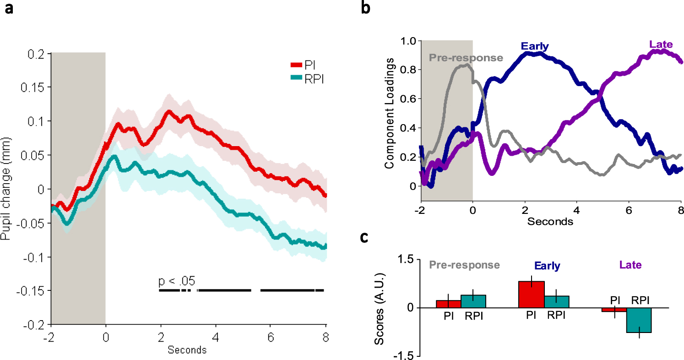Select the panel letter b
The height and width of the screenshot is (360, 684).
366,9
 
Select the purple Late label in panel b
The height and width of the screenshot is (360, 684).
661,44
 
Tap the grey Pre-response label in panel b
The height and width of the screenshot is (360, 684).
466,58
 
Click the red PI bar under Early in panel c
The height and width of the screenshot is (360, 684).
531,295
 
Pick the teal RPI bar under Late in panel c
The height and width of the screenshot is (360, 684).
639,320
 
